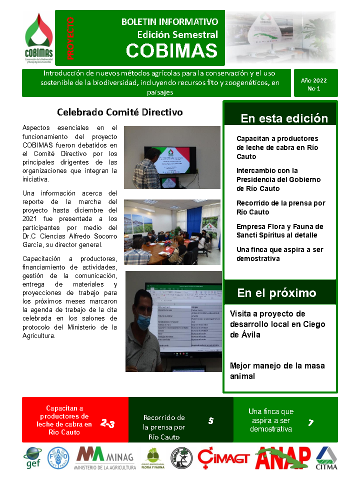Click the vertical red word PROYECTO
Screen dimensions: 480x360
coord(70,38)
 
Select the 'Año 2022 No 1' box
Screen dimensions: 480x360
coord(313,83)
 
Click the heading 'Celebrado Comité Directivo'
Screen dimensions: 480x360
coord(120,112)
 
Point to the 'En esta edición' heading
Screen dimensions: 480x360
coord(284,118)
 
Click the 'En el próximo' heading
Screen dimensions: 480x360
coord(276,293)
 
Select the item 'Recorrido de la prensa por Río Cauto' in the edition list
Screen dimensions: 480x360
coord(280,207)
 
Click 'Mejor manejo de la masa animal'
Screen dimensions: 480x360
coord(277,370)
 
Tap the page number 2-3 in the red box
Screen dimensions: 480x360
coord(107,424)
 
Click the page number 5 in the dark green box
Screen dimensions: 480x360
coord(210,421)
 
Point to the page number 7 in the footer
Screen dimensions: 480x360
coord(310,423)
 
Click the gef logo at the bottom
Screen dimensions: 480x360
coord(33,458)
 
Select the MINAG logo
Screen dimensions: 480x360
coord(105,458)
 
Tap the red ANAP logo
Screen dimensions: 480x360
coord(283,456)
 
